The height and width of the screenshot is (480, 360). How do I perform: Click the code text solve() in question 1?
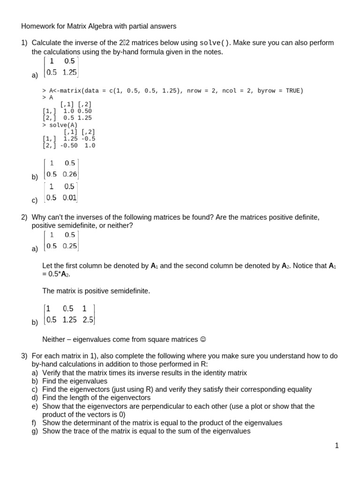click(x=215, y=43)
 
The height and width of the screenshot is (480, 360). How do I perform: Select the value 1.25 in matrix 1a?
click(x=69, y=72)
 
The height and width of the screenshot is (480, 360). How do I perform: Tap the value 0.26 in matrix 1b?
click(x=70, y=174)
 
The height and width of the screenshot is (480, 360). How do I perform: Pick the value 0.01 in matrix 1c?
click(x=69, y=197)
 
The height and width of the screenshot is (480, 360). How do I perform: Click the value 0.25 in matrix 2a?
click(x=70, y=246)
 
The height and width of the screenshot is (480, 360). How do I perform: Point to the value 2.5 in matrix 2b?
click(x=88, y=320)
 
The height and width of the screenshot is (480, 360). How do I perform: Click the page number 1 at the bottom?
click(x=337, y=446)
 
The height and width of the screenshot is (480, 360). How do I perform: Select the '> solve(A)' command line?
click(x=60, y=125)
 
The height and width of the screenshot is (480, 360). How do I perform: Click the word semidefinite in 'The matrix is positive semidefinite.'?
click(x=128, y=291)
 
